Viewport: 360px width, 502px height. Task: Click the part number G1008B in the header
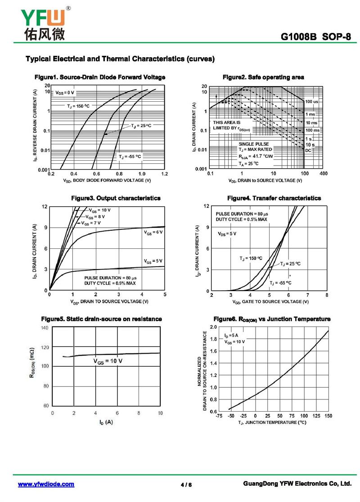tap(299, 37)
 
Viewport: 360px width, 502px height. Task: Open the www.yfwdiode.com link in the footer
tap(46, 484)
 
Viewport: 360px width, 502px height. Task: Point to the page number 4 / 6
tap(186, 485)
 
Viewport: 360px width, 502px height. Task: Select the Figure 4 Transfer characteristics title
tap(274, 198)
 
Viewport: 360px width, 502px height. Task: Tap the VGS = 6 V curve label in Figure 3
tap(153, 232)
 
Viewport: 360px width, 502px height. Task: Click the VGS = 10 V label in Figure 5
tap(108, 361)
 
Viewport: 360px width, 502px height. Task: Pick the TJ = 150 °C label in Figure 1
tap(78, 106)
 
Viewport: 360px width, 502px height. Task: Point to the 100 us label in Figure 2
tap(311, 102)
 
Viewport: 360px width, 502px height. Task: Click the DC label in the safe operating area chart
tap(308, 150)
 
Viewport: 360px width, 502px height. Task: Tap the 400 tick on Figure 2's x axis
tap(323, 174)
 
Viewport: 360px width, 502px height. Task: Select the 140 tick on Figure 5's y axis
tap(45, 328)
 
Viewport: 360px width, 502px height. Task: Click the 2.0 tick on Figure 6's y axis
tap(213, 327)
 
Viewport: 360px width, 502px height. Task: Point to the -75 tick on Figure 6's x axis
tap(219, 416)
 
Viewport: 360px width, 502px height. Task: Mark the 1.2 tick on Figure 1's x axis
tap(164, 174)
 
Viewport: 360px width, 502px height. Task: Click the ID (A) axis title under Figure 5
tap(106, 422)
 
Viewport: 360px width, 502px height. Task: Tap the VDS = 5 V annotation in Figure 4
tap(227, 234)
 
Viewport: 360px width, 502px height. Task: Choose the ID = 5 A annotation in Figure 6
tap(231, 336)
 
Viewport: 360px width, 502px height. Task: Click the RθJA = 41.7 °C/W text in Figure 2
tap(256, 157)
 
